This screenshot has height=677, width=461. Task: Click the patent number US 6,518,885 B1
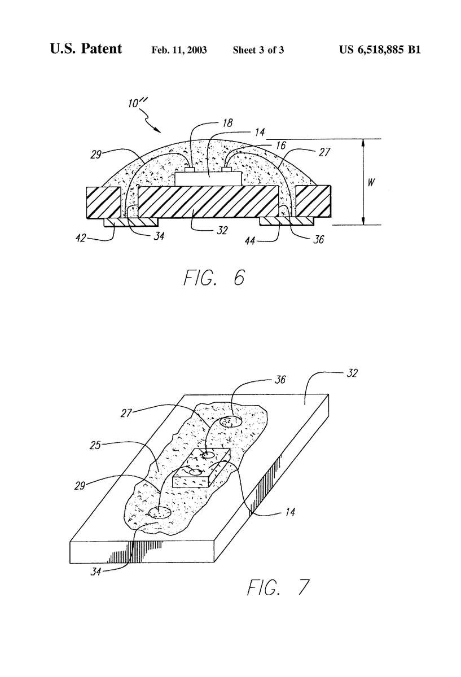[380, 49]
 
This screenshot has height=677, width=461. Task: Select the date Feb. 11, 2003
[179, 50]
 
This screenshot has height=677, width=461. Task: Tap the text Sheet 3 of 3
[258, 50]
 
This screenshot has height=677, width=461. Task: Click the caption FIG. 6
[214, 278]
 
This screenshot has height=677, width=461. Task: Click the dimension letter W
[371, 182]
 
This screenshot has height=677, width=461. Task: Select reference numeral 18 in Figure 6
[227, 123]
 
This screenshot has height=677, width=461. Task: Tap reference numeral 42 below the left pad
[81, 239]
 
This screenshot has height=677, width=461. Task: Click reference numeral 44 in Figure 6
[250, 241]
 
